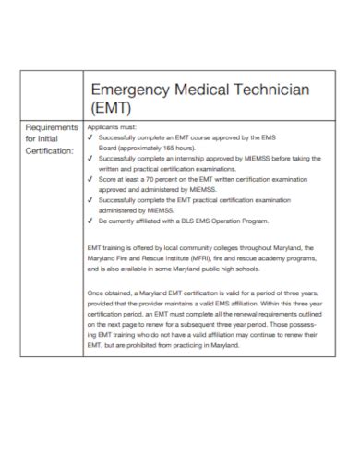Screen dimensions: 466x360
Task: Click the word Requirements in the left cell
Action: (x=53, y=128)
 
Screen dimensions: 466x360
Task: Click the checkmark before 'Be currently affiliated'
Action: (x=90, y=221)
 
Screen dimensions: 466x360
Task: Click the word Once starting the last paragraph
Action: (x=94, y=291)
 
